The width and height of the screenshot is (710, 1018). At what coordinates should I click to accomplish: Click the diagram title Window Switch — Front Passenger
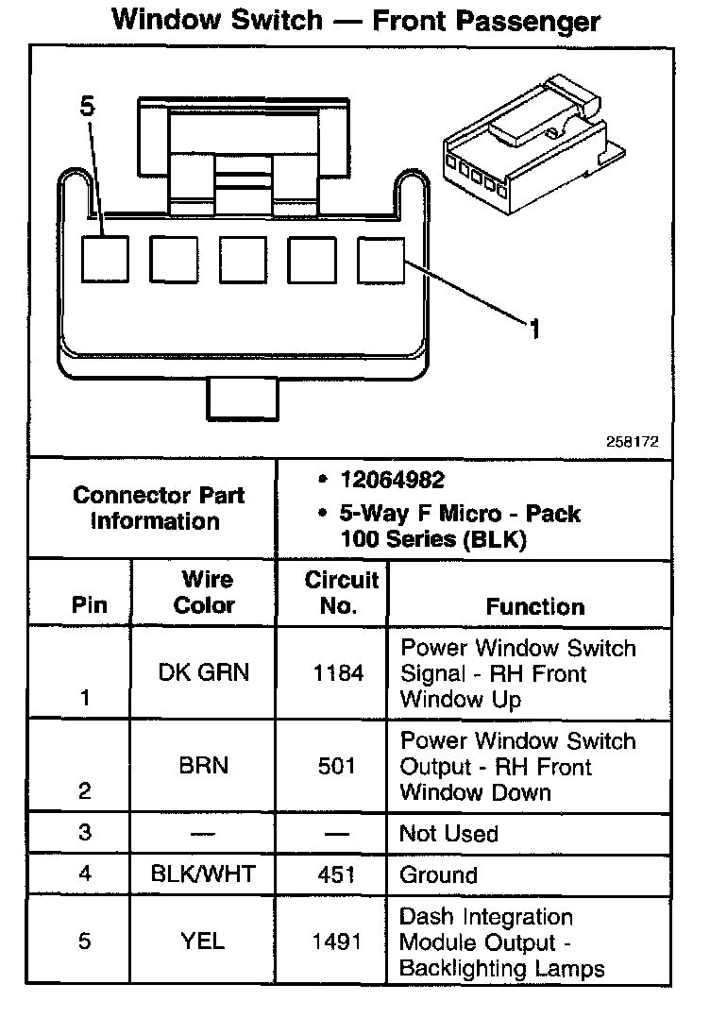coord(355,20)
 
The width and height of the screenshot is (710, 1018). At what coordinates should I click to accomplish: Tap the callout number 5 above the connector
coord(88,108)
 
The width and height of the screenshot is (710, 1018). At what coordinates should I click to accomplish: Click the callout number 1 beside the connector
coord(534,330)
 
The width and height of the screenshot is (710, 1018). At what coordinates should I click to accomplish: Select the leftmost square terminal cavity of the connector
coord(105,259)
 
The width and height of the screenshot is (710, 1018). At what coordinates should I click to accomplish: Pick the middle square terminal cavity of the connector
coord(243,259)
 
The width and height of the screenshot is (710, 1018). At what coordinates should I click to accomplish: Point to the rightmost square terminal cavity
coord(381,259)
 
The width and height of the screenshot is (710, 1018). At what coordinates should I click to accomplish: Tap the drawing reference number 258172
coord(633,441)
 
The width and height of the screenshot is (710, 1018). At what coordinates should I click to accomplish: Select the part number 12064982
coord(393,481)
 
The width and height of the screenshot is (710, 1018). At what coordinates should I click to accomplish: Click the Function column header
coord(534,606)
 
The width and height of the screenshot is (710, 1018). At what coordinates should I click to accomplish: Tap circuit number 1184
coord(337,673)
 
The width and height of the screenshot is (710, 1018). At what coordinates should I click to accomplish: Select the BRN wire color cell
coord(204,766)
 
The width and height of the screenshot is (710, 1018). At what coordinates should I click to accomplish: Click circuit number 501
coord(337,766)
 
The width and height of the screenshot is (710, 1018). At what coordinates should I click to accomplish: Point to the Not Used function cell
coord(448,834)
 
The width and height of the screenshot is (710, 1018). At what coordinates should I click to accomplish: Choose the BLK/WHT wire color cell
coord(203,874)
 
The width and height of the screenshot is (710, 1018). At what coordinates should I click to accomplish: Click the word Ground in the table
coord(439,875)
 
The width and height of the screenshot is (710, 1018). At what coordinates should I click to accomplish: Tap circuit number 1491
coord(337,942)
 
